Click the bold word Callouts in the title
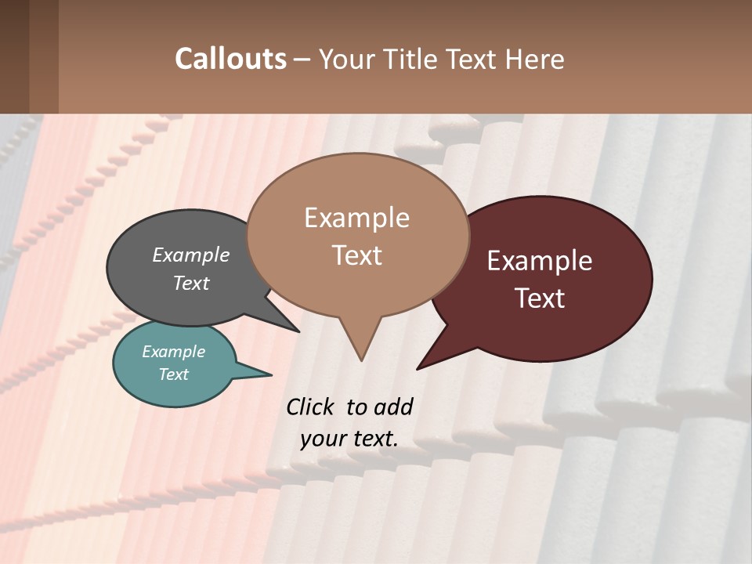[x=230, y=59]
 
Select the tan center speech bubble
[x=357, y=235]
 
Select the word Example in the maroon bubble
[x=540, y=261]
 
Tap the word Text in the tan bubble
[x=357, y=255]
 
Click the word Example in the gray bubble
[x=191, y=255]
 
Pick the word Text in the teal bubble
[x=174, y=374]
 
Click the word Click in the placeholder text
[x=312, y=407]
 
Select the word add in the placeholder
[x=393, y=407]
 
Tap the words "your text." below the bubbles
[x=349, y=439]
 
